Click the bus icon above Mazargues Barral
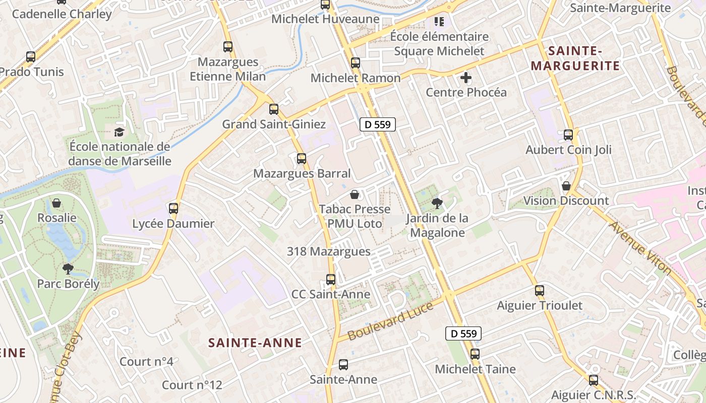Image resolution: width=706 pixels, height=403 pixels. (302, 159)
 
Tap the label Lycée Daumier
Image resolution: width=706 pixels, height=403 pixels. (173, 224)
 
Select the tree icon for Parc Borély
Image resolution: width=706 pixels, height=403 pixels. (68, 268)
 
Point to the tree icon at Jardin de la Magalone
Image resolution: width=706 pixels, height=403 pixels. (437, 204)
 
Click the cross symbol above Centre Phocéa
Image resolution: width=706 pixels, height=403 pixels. (466, 78)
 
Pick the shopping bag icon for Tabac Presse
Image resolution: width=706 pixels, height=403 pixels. (355, 194)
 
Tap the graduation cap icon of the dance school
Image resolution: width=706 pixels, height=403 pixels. (119, 132)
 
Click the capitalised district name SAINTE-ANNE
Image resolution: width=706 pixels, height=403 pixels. (255, 343)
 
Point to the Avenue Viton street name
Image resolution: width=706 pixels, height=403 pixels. (640, 248)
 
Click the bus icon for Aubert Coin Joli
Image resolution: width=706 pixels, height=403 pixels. (568, 135)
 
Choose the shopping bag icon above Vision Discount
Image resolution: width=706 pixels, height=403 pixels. (566, 186)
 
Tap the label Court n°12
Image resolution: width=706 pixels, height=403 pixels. (192, 385)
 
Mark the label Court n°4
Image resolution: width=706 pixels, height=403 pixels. (146, 362)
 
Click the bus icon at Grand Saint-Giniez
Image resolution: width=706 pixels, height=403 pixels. (274, 109)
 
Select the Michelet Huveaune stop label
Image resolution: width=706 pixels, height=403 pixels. (325, 19)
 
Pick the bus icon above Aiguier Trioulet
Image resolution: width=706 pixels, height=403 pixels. (540, 291)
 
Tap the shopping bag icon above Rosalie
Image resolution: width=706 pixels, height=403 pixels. (56, 203)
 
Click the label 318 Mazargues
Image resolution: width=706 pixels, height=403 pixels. (328, 251)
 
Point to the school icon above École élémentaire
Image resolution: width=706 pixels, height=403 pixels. (439, 22)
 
